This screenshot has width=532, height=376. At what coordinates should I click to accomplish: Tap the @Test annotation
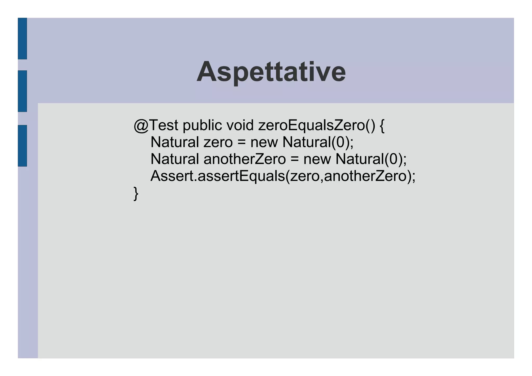(x=156, y=125)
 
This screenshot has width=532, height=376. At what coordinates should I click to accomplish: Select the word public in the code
(x=202, y=125)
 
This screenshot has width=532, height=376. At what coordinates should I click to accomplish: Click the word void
(x=240, y=125)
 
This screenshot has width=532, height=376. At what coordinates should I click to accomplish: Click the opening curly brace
(x=382, y=126)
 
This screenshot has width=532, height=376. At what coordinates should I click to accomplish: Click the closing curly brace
(x=136, y=193)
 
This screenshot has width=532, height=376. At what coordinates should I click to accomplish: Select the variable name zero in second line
(x=218, y=142)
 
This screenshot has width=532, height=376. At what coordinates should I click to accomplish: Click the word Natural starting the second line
(x=175, y=142)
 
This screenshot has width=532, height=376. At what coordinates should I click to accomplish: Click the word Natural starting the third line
(x=175, y=159)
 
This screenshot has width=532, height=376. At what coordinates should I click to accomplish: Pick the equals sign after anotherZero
(x=295, y=159)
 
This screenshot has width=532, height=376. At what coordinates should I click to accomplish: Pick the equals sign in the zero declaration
(x=242, y=142)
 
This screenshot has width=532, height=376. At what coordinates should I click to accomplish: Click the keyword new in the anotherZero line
(x=317, y=159)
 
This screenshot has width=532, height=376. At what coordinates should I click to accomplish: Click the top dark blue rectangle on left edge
(x=22, y=38)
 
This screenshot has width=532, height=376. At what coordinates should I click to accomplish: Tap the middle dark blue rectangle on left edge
(x=22, y=91)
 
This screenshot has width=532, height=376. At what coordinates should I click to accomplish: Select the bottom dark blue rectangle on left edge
(x=22, y=146)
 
